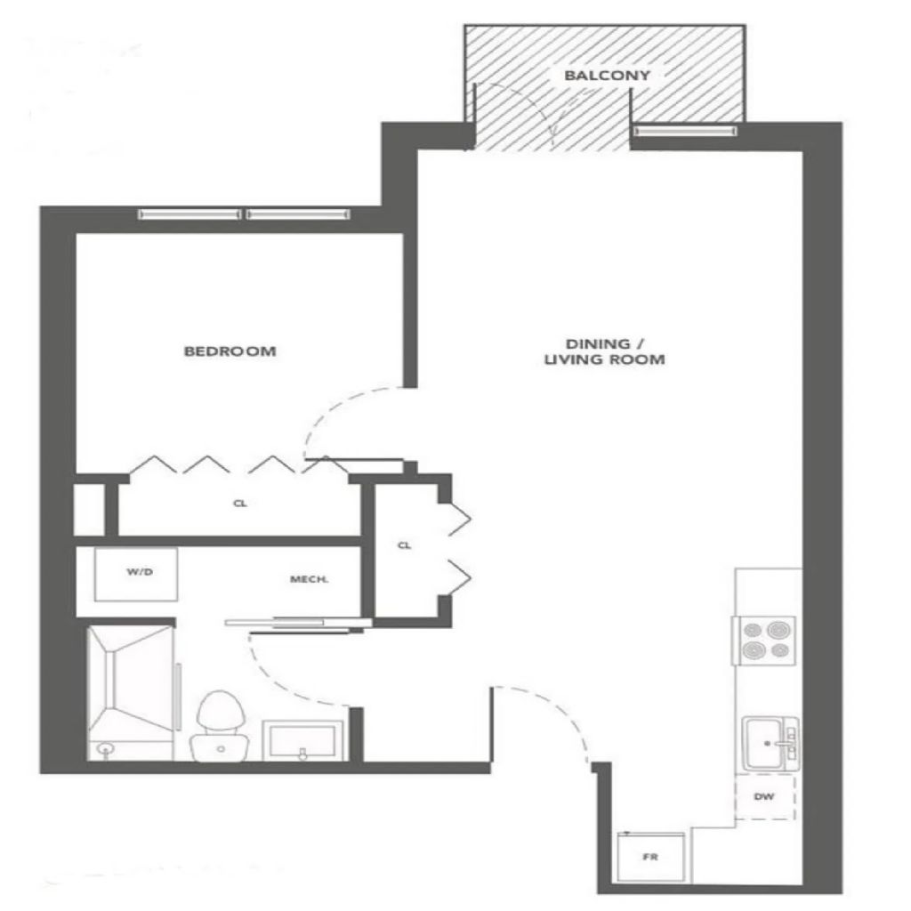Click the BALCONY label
click(607, 76)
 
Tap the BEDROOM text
click(230, 351)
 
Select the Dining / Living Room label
click(604, 352)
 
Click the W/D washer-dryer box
click(139, 574)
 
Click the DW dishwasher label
click(763, 797)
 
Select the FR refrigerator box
click(651, 858)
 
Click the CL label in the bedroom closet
click(239, 504)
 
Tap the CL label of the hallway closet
click(404, 545)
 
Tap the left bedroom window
click(190, 214)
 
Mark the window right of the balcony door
click(685, 132)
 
